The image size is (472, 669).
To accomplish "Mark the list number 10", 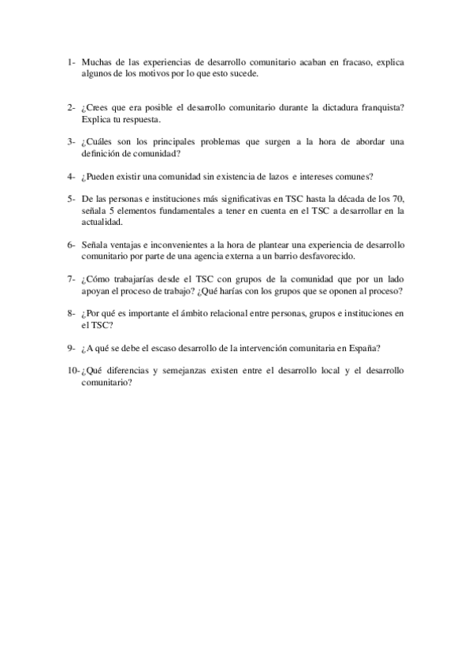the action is [x=72, y=371].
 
